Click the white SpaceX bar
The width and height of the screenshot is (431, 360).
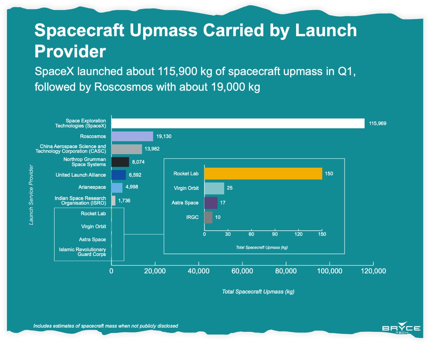pos(238,123)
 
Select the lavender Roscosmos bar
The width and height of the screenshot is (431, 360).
pos(132,136)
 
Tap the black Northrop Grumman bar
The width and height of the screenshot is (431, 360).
pos(120,162)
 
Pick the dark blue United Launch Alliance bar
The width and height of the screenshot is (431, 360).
pos(119,175)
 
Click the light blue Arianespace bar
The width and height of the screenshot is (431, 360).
pos(117,188)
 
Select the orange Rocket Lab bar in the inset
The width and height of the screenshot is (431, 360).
pos(263,174)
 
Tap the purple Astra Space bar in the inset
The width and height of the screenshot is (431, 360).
pos(211,203)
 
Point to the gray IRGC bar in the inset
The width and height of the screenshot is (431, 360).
pos(208,217)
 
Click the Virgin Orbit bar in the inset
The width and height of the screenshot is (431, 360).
pos(214,188)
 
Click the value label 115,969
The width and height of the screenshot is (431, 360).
pos(377,123)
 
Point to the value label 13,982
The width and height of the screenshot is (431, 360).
pos(152,149)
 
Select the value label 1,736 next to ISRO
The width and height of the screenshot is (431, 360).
pos(124,201)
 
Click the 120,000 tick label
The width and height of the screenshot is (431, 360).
pos(373,271)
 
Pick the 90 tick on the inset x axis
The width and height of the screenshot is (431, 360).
pos(275,234)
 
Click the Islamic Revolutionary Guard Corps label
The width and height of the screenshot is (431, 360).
pos(82,252)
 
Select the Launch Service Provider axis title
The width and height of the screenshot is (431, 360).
pos(31,194)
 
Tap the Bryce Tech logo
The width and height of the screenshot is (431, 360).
pos(401,328)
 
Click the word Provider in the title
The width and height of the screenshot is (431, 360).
pos(70,51)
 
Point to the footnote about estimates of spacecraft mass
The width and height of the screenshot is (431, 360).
pos(106,326)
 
